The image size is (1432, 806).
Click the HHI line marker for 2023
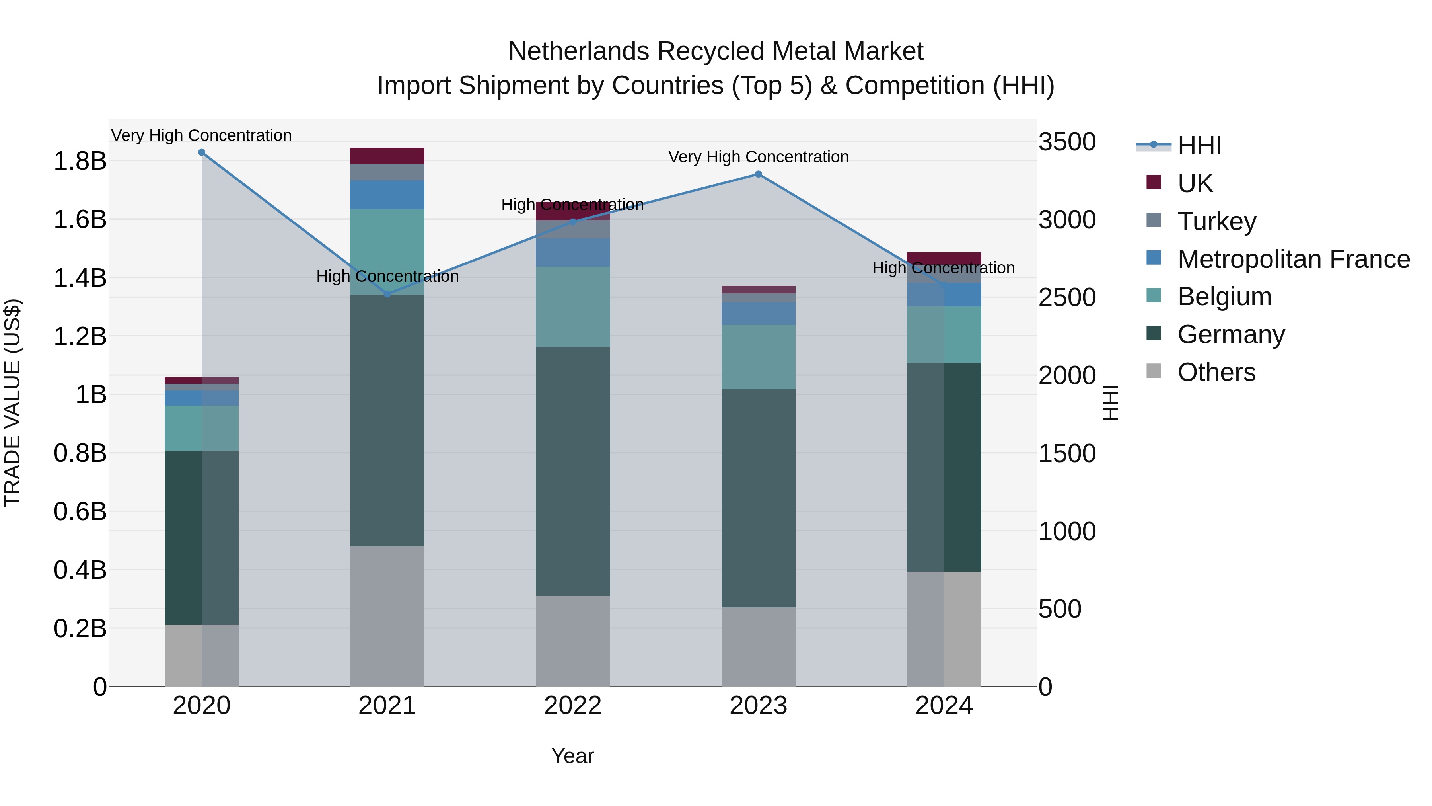(758, 174)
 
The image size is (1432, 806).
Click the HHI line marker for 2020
(201, 152)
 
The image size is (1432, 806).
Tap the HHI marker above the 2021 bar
(387, 294)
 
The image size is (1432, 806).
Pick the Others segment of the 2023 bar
(758, 646)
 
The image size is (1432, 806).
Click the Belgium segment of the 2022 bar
(572, 306)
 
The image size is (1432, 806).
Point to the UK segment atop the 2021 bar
(387, 156)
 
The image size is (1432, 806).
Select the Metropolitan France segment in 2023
(758, 314)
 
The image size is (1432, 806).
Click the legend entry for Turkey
(1216, 221)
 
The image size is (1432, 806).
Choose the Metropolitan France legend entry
(1293, 259)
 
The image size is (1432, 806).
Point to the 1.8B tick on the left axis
(80, 161)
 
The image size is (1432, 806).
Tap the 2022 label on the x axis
(572, 706)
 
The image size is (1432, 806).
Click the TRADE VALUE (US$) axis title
(13, 403)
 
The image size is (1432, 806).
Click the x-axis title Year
(572, 756)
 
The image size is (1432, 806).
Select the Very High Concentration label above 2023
(758, 157)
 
